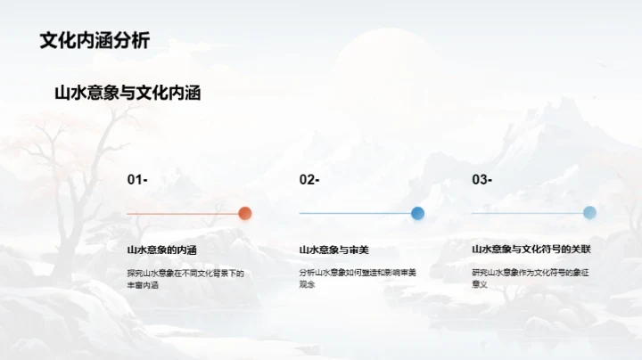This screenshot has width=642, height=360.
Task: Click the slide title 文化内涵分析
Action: [x=95, y=40]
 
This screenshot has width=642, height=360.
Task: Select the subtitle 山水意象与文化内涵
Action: [x=128, y=93]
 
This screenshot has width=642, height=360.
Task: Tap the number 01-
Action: [x=137, y=180]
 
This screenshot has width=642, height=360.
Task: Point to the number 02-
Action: [x=309, y=180]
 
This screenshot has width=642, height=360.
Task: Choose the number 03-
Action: [x=481, y=180]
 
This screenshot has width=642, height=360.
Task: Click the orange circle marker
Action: [x=245, y=213]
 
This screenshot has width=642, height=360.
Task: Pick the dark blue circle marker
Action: [x=417, y=213]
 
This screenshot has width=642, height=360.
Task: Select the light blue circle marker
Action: [x=589, y=213]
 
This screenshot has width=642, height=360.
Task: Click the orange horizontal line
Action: [x=183, y=214]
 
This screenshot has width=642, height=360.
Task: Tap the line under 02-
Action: [x=355, y=214]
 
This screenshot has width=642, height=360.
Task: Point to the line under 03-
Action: [x=527, y=214]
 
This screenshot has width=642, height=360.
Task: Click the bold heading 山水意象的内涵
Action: [x=161, y=250]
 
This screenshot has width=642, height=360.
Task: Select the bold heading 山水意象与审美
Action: [x=333, y=250]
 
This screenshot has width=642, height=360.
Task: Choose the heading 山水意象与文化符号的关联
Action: [x=531, y=250]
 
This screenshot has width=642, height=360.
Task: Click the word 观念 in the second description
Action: [x=308, y=285]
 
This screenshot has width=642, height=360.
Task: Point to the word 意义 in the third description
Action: [x=480, y=285]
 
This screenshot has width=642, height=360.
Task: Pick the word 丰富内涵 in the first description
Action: [x=143, y=285]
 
